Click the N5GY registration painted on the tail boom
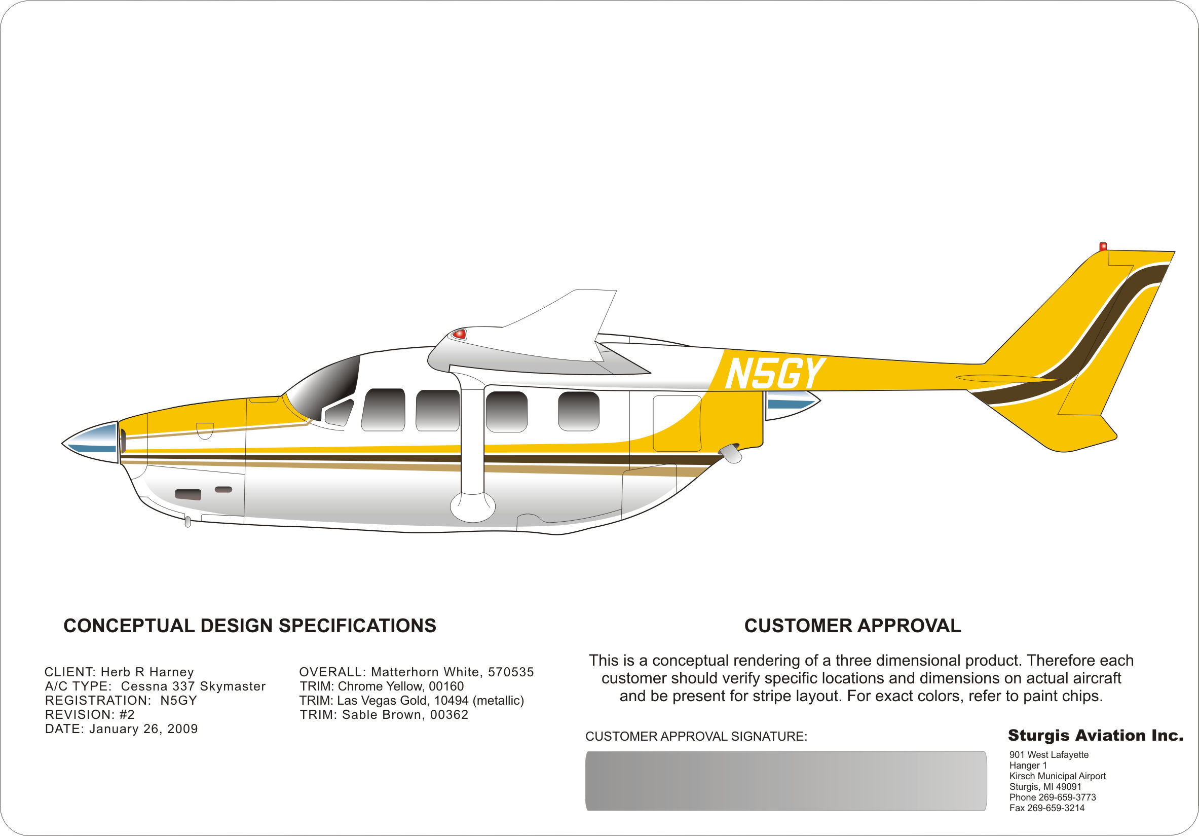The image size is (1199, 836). click(x=775, y=373)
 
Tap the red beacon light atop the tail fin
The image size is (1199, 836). click(x=1103, y=246)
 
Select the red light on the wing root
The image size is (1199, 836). click(x=459, y=334)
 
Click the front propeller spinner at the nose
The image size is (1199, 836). click(x=90, y=442)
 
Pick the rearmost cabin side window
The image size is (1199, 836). click(x=579, y=411)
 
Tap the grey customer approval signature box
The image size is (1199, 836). click(x=786, y=781)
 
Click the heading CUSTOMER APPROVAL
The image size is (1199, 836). click(x=852, y=626)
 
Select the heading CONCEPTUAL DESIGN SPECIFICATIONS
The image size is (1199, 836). click(x=250, y=626)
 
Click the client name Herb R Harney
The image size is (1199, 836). click(x=147, y=672)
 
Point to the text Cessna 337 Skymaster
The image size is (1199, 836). click(x=193, y=686)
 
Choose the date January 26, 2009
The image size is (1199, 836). click(x=143, y=729)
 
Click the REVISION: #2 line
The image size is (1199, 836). click(x=90, y=714)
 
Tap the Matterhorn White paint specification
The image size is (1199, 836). click(x=417, y=672)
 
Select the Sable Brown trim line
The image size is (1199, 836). click(x=384, y=714)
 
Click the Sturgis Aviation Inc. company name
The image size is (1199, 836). click(x=1096, y=736)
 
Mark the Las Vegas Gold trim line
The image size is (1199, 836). click(x=411, y=700)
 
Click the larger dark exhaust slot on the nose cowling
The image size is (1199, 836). click(x=188, y=494)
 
